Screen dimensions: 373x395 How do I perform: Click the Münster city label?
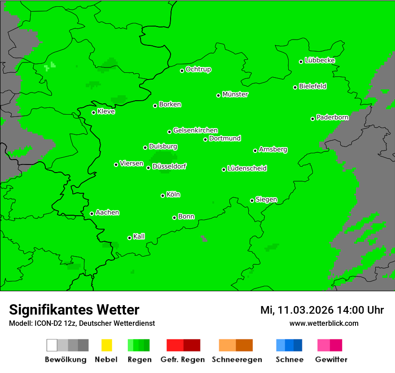(235, 94)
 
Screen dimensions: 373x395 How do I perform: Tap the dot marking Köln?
(162, 195)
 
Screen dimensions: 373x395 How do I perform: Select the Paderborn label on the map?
(333, 117)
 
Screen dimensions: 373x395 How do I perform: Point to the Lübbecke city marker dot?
(301, 62)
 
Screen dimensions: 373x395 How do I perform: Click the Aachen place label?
(107, 213)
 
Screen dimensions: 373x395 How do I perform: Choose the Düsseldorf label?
(169, 166)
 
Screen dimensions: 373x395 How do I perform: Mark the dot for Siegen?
(252, 200)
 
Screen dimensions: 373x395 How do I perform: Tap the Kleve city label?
(106, 111)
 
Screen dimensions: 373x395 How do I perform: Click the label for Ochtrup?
(198, 70)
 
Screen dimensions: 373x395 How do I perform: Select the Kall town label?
(139, 236)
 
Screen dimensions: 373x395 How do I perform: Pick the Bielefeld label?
(313, 86)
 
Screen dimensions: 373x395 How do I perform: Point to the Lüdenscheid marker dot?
(224, 169)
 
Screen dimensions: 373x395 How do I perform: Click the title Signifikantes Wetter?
(74, 310)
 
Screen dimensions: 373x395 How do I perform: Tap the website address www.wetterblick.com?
(324, 323)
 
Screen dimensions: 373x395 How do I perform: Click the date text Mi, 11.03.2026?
(297, 310)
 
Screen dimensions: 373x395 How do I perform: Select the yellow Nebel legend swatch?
(106, 345)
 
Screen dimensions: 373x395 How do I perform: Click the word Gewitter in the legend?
(331, 360)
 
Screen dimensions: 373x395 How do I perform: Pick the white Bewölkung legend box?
(52, 345)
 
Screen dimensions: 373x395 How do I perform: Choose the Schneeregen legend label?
(237, 360)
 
